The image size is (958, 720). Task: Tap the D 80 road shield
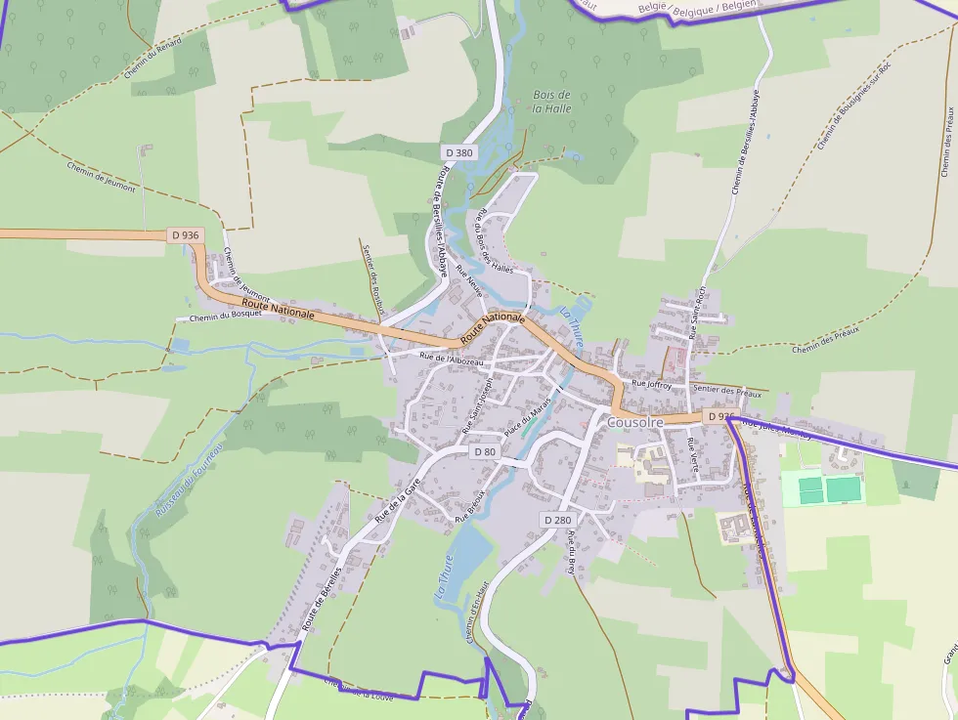click(x=485, y=451)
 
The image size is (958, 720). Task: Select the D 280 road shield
click(x=557, y=520)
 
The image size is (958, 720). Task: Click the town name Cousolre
click(x=635, y=422)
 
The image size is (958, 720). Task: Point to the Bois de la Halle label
click(x=551, y=102)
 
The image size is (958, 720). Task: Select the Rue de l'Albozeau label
click(x=451, y=360)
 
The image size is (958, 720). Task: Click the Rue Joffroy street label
click(x=652, y=385)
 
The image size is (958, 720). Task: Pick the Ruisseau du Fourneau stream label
click(x=189, y=480)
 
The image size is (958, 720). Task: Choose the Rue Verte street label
click(x=692, y=455)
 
